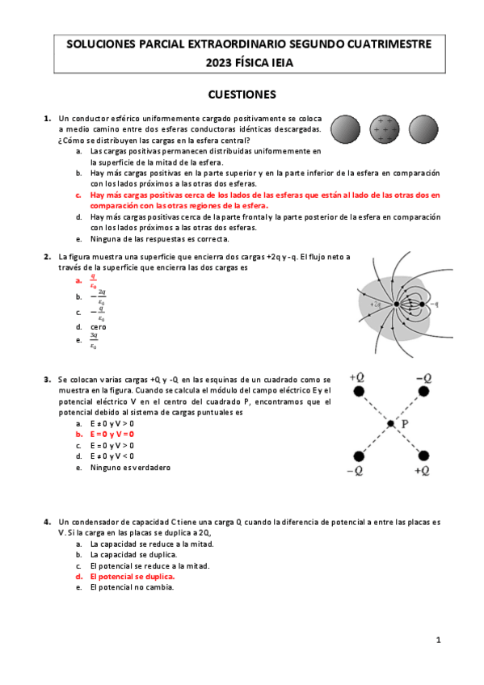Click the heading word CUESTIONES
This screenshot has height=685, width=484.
click(x=242, y=94)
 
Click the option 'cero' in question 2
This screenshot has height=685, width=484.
click(x=98, y=327)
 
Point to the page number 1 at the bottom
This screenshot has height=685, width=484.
click(x=438, y=641)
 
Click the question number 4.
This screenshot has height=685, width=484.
click(x=48, y=523)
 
